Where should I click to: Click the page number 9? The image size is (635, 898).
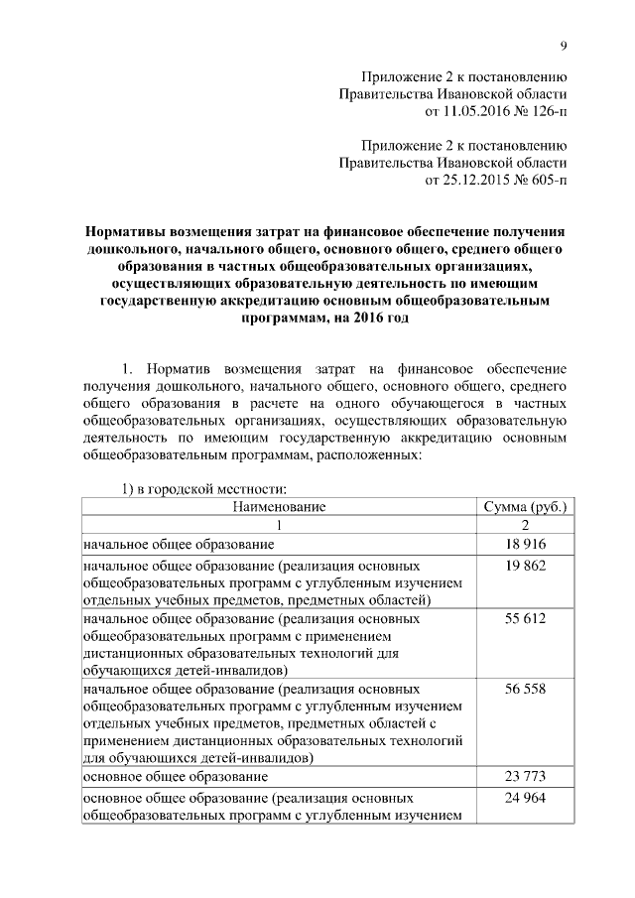click(564, 46)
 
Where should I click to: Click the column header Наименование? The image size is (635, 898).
click(279, 507)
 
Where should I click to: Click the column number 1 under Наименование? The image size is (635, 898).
click(279, 526)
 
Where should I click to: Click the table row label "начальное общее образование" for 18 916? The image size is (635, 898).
click(179, 545)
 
